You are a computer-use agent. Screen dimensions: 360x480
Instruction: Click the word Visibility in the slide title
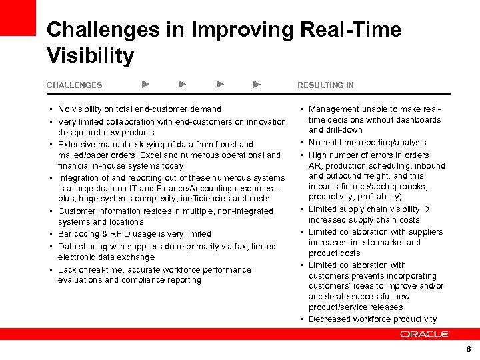point(90,55)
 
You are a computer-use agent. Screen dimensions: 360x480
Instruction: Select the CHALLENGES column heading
point(74,85)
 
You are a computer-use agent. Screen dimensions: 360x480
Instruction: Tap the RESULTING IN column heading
point(325,85)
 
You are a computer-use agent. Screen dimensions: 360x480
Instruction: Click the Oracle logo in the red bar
point(425,334)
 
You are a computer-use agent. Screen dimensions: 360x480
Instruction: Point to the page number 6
point(469,349)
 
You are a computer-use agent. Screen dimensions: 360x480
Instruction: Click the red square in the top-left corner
point(17,17)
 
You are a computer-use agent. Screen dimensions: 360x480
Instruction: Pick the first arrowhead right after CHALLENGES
point(146,85)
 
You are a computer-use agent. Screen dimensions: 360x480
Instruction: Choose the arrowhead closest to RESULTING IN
point(257,85)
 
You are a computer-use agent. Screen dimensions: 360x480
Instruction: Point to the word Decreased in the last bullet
point(329,319)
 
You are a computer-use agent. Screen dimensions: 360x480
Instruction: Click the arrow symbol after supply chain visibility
point(427,209)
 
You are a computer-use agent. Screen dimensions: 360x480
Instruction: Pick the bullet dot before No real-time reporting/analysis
point(302,143)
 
